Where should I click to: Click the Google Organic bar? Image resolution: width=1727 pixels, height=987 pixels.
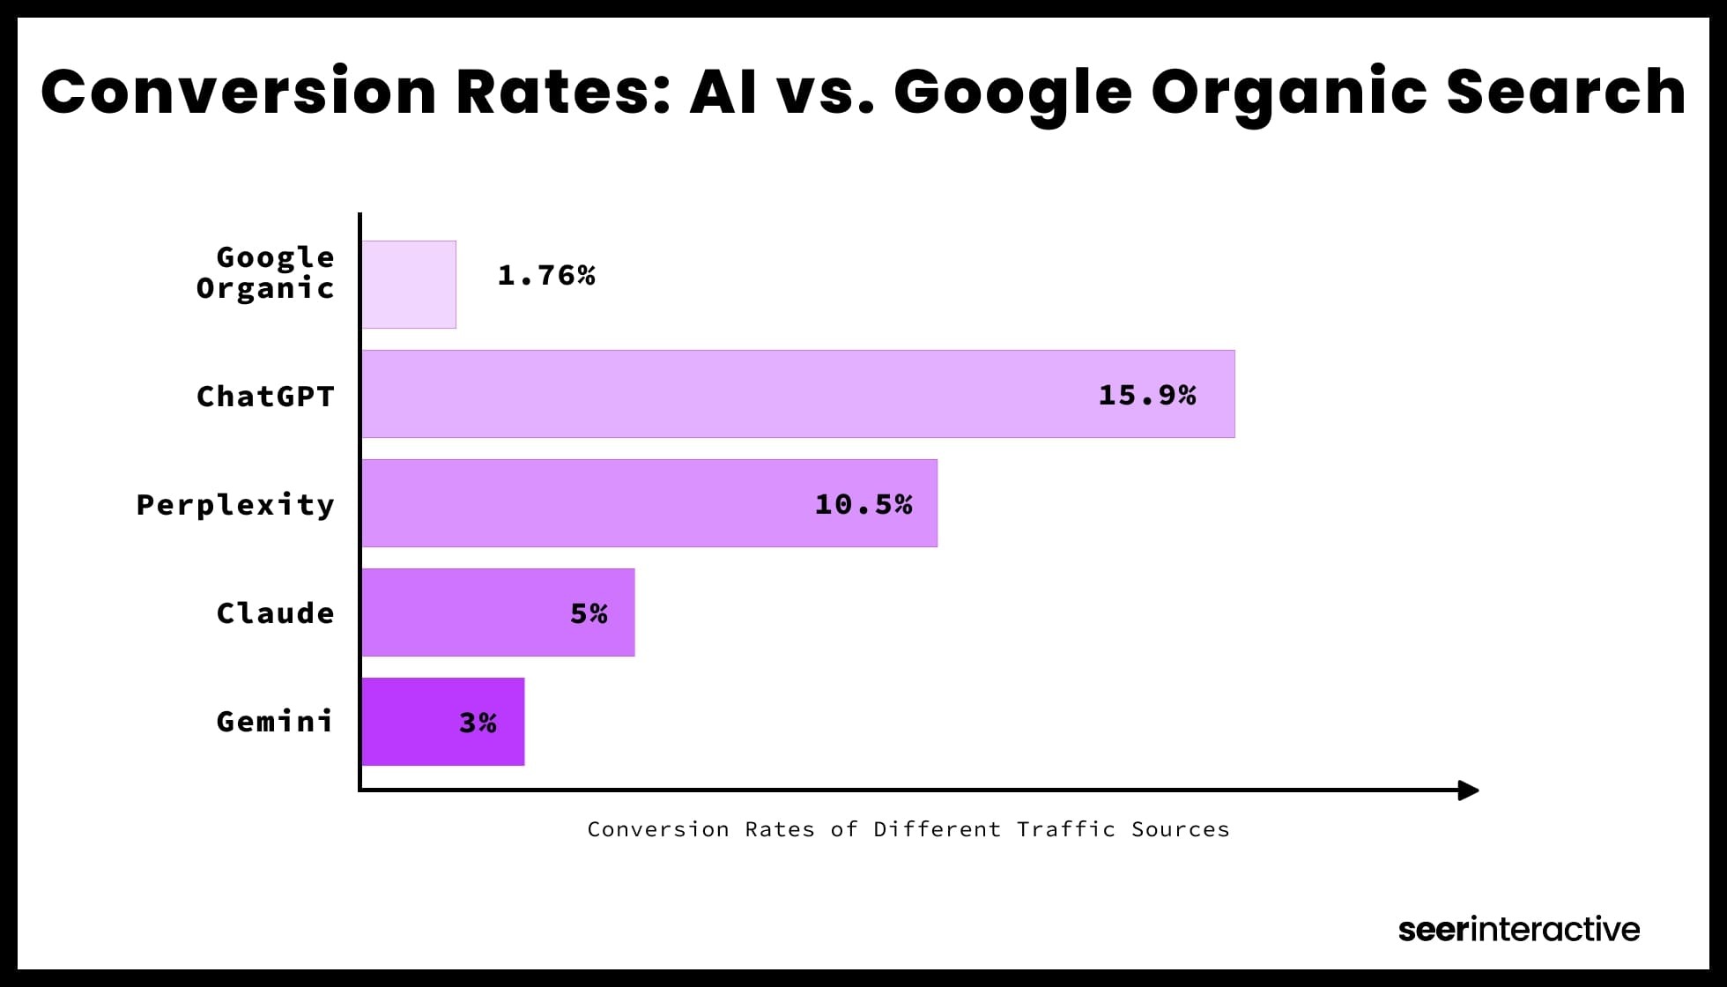tap(409, 285)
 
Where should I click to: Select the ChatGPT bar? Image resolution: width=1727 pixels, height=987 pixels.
tap(797, 394)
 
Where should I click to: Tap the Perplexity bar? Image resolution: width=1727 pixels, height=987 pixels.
tap(649, 503)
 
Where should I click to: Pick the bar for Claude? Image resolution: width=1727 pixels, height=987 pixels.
tap(498, 612)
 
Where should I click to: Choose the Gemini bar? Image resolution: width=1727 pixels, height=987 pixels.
tap(442, 722)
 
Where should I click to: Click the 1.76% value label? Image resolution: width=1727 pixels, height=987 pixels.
tap(546, 276)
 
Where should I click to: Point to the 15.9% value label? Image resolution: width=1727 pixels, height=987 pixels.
tap(1146, 395)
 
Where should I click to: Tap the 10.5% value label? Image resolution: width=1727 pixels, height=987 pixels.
tap(863, 504)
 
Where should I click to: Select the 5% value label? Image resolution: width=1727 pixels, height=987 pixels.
tap(589, 613)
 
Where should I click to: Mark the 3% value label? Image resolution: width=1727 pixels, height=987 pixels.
tap(478, 723)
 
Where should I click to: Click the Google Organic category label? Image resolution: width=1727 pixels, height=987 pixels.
tap(265, 272)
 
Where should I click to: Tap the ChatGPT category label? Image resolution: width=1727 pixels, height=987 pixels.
tap(265, 397)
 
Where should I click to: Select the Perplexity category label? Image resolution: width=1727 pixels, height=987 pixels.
tap(235, 505)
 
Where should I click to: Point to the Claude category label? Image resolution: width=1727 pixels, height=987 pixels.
tap(275, 613)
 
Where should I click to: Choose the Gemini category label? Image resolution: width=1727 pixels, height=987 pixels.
tap(275, 722)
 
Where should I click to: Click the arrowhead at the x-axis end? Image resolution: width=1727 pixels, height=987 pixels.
tap(1468, 790)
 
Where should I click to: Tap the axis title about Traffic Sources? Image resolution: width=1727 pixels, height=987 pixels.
tap(908, 829)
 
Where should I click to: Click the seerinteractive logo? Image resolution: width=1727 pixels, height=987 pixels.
tap(1518, 929)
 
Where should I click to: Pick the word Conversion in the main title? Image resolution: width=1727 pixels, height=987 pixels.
tap(239, 92)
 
